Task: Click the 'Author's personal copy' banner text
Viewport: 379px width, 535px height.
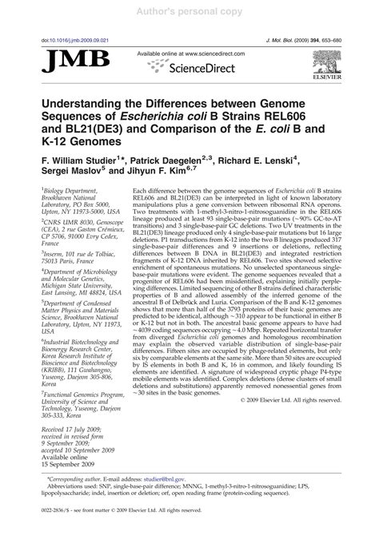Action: point(189,11)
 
